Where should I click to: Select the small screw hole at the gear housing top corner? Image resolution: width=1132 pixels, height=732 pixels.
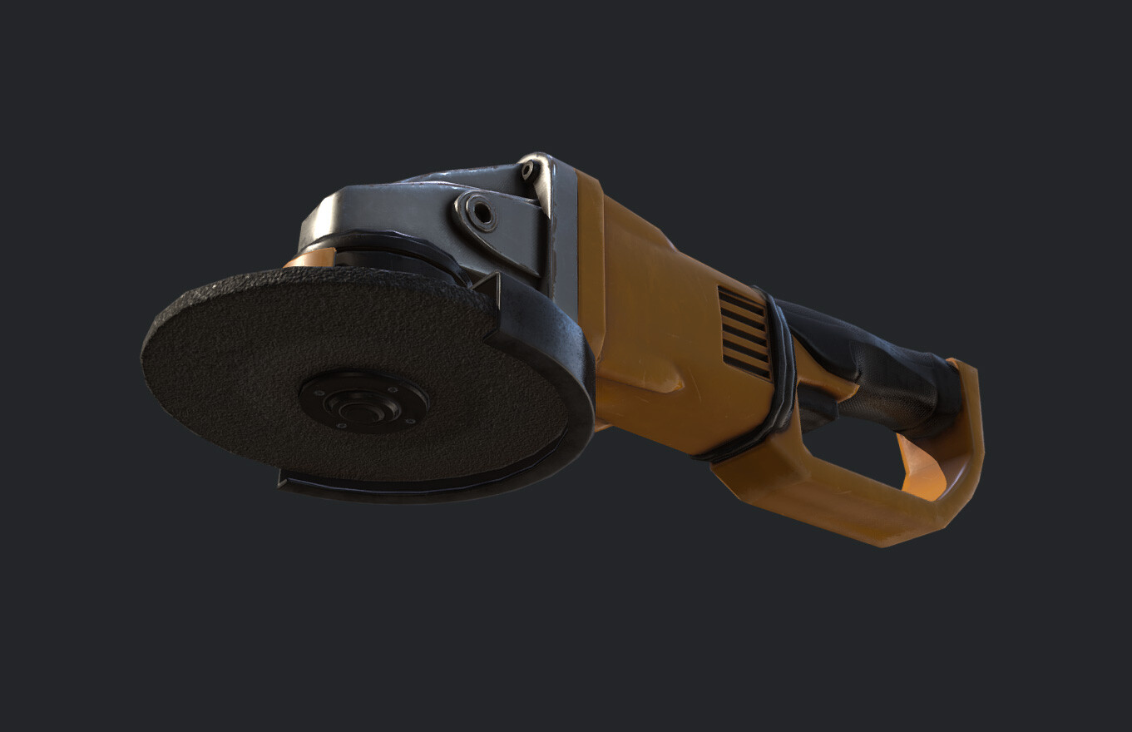pos(527,171)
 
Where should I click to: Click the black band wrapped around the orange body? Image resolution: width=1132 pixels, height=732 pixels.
pos(779,374)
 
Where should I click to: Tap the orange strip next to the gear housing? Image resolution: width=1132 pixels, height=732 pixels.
pos(589,250)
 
